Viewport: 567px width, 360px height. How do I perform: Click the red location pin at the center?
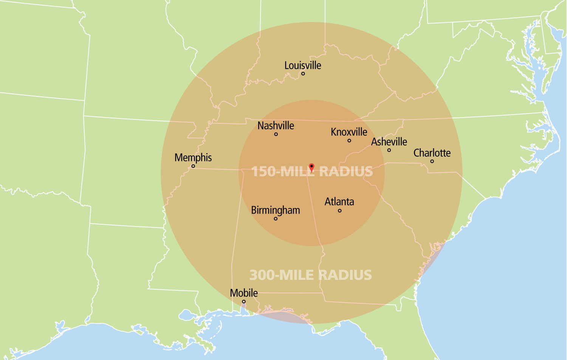(x=311, y=167)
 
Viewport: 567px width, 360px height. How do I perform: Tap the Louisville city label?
(x=303, y=65)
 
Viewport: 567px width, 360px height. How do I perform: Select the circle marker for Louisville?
(x=303, y=74)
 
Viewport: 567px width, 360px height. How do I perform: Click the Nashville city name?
(x=276, y=126)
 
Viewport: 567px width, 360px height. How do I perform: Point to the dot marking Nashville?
(x=276, y=134)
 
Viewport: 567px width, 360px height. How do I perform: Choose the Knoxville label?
(x=349, y=132)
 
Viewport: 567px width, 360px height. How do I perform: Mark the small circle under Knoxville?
(x=349, y=141)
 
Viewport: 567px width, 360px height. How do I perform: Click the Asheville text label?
(x=389, y=142)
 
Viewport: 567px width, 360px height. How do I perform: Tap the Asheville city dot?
(x=389, y=150)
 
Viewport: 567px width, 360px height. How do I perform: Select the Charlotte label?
(x=432, y=153)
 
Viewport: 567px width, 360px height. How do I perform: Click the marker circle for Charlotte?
(x=432, y=161)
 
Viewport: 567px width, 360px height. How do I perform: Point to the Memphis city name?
(x=193, y=158)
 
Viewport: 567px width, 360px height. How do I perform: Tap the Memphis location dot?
(x=193, y=166)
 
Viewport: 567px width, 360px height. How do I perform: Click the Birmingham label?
(x=275, y=210)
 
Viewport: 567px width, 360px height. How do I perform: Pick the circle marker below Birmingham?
(x=276, y=219)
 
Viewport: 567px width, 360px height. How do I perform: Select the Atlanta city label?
(x=339, y=202)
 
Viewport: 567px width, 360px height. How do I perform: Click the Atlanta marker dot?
(x=339, y=211)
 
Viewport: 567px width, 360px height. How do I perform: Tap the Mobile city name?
(x=244, y=293)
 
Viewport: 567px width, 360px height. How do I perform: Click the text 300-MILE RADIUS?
(x=310, y=275)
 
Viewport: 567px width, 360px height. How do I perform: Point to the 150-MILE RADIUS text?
(x=312, y=172)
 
